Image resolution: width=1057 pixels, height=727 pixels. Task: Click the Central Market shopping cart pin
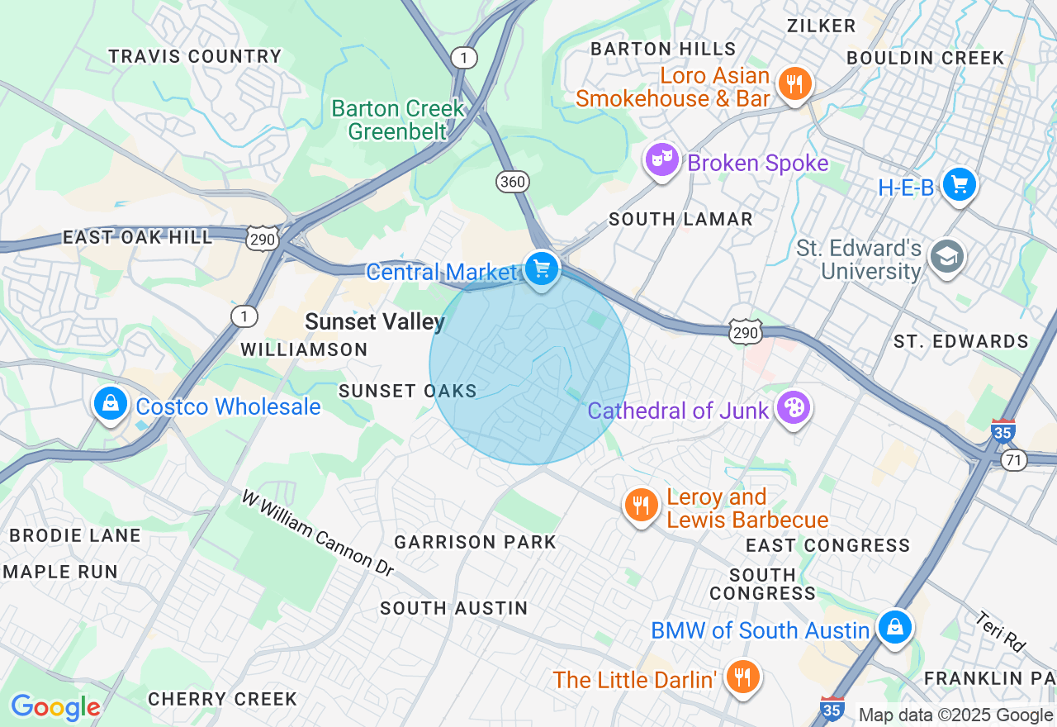pos(542,269)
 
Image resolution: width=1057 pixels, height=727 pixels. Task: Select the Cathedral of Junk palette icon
pos(792,408)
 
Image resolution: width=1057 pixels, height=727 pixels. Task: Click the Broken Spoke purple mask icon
pos(662,160)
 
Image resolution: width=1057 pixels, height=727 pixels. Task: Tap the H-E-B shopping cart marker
pos(959,185)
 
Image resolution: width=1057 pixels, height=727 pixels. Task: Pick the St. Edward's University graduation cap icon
pos(946,257)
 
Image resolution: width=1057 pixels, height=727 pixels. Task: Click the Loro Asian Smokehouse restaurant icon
pos(794,84)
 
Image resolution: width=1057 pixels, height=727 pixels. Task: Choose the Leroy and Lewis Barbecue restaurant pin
pos(641,505)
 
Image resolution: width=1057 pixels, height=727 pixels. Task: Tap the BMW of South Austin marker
pos(894,628)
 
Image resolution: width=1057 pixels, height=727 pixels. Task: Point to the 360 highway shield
pos(513,182)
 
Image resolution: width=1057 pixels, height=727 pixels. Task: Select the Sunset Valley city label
pos(375,322)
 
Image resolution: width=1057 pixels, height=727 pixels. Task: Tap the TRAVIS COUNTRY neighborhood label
pos(195,57)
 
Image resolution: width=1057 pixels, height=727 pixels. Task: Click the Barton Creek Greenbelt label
pos(398,120)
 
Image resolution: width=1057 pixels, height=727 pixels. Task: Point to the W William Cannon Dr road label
pos(318,533)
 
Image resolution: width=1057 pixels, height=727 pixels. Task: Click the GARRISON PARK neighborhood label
pos(475,543)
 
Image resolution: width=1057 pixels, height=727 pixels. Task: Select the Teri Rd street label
pos(999,630)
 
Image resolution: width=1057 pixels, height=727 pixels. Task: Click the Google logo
pos(55,707)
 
